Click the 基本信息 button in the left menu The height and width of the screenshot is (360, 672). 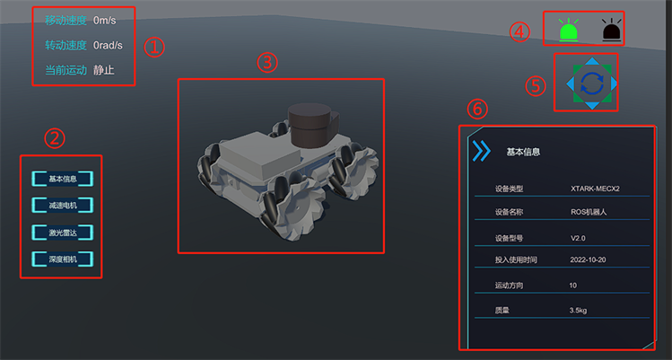(63, 179)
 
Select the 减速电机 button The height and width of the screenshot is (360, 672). (63, 206)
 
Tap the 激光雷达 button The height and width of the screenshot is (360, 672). (63, 233)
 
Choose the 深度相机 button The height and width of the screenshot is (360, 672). (63, 259)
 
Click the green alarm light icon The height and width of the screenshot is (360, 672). (569, 31)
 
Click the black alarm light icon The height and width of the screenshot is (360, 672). (612, 31)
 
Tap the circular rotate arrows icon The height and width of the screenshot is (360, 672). (592, 83)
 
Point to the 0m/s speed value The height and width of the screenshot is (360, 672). (105, 20)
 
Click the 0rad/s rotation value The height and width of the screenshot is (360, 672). (108, 45)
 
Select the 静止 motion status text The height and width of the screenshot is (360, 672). (104, 70)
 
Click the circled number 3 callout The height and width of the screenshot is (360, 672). (267, 63)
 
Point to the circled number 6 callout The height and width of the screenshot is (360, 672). (477, 109)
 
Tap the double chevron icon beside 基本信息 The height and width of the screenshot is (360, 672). (482, 151)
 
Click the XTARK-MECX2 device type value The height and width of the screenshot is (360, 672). (595, 189)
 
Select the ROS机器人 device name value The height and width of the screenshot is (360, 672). (589, 212)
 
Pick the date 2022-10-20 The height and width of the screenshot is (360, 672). (588, 259)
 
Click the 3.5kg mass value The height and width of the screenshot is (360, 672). (578, 311)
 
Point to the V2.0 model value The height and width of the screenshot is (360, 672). (578, 238)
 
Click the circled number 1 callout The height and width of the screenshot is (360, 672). (154, 47)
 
